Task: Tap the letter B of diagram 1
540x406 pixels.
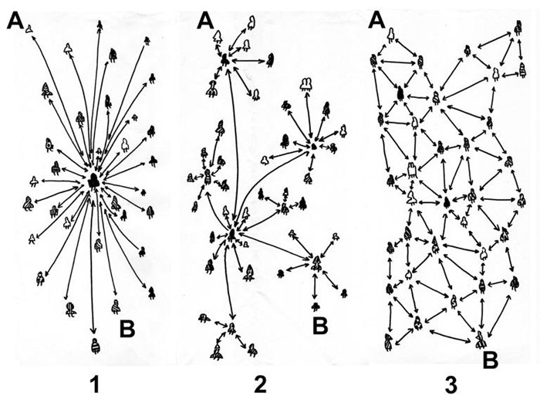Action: [x=127, y=329]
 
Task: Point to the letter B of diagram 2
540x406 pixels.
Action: [x=320, y=326]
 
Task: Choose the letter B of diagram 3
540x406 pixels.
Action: [x=491, y=360]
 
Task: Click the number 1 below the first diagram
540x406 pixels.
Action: [x=95, y=384]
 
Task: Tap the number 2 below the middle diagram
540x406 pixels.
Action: [x=261, y=384]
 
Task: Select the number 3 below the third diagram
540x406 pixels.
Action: [x=451, y=385]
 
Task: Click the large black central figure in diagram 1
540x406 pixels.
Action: [x=93, y=181]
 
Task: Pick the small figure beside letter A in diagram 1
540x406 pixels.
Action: [x=29, y=29]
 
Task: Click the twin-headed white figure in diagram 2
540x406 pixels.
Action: [x=305, y=83]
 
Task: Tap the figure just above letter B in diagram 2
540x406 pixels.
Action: [x=315, y=306]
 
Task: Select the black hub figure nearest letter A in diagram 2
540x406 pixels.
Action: [x=225, y=61]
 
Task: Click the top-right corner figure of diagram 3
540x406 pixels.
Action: [x=518, y=28]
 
